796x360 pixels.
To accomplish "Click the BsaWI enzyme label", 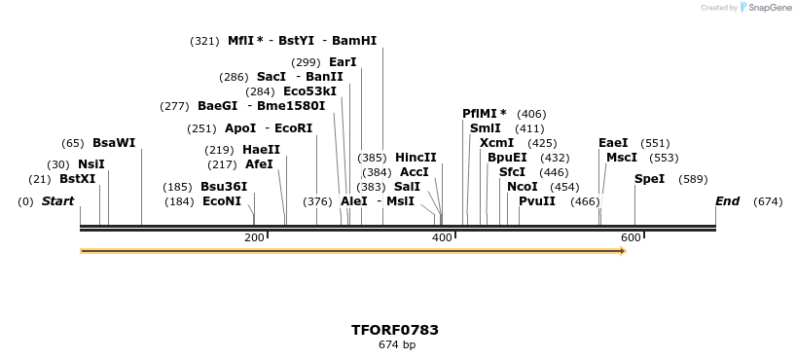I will point(114,143).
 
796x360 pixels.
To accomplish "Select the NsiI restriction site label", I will point(90,164).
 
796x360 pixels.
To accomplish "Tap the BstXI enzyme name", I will point(77,179).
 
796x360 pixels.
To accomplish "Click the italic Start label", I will point(57,201).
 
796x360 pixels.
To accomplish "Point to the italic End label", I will point(727,201).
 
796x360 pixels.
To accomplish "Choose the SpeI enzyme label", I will point(649,179).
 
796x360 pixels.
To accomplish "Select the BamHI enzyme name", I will point(354,41).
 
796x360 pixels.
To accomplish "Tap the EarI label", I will point(343,62).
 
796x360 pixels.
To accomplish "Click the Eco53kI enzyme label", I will point(309,91).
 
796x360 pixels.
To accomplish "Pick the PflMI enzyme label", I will point(485,114).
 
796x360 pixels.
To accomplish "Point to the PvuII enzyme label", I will point(537,201).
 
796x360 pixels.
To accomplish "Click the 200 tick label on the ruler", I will point(254,237).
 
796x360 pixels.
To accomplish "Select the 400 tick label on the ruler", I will point(442,237).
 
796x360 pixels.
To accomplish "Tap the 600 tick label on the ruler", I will point(630,237).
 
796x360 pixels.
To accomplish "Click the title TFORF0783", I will point(396,330).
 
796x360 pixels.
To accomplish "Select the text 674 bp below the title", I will point(396,344).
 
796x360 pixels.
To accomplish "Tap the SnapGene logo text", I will point(769,8).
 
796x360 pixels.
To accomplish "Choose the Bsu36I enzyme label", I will point(224,187).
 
